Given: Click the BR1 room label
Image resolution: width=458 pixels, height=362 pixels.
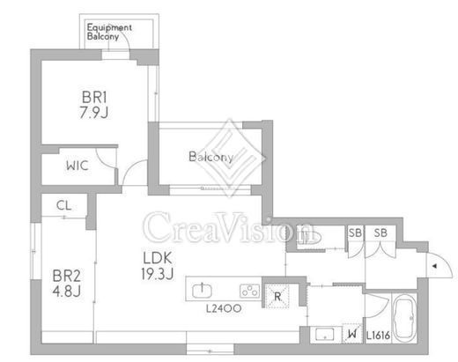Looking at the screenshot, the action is tap(94, 97).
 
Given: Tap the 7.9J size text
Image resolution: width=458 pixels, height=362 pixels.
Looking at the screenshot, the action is tap(94, 112).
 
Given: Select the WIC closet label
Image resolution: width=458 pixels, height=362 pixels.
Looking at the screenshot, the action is tap(78, 166).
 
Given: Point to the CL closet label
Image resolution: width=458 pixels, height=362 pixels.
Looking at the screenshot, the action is tap(64, 205).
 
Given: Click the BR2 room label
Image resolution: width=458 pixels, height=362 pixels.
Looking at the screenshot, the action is tap(67, 276).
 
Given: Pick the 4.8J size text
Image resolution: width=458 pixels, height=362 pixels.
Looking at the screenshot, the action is tap(67, 292).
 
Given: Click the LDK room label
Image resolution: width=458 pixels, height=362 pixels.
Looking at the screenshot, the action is tap(158, 258).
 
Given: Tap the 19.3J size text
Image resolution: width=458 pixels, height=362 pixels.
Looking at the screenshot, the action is tap(158, 274).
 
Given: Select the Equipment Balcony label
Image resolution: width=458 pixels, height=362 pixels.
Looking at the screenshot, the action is tap(109, 32).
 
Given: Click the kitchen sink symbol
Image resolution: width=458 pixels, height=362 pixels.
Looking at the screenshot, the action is tap(202, 291).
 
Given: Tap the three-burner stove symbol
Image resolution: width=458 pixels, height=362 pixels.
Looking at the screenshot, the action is tap(250, 291).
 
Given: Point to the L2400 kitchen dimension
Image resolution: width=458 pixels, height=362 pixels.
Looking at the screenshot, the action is tap(224, 308).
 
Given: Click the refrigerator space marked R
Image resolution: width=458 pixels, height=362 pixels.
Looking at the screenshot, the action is tap(277, 296).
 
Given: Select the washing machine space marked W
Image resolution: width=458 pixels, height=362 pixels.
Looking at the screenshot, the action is tap(352, 333).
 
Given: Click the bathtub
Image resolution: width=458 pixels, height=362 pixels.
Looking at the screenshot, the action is tap(405, 318).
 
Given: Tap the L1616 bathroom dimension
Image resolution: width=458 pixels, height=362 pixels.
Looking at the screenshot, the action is tap(378, 336).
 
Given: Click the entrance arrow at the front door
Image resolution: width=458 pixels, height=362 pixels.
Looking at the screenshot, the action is tap(435, 266).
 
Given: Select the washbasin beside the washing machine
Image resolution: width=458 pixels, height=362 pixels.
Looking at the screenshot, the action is tap(324, 335).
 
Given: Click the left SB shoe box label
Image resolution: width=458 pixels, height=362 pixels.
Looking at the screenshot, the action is tap(355, 233).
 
